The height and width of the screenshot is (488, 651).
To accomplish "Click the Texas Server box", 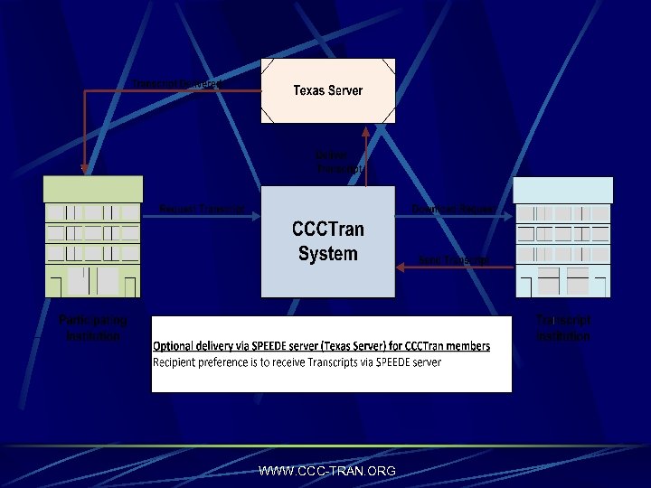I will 328,90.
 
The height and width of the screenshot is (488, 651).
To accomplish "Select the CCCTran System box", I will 328,241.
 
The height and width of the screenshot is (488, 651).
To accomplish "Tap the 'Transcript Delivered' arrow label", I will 180,83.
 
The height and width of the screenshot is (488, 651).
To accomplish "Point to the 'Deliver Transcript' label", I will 339,162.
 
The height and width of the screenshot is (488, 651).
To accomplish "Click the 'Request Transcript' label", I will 202,209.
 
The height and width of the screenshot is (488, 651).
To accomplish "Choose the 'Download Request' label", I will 452,209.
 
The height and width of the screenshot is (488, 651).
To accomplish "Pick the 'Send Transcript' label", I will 454,260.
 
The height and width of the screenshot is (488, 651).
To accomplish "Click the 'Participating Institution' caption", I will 93,328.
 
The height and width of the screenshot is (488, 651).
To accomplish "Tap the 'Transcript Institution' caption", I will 563,328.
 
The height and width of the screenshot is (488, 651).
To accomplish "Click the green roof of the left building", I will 93,189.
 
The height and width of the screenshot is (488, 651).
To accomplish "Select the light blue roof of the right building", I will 563,189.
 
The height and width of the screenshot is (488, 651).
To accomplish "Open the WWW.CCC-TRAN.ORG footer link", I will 326,471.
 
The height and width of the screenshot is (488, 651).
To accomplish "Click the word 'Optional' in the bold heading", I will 176,346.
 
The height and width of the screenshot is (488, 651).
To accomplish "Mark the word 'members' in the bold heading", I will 467,346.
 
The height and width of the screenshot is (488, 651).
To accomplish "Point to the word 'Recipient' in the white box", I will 176,362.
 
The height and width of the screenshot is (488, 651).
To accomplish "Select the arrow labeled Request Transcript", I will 202,216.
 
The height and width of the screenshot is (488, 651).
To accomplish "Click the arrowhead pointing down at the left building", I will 83,168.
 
